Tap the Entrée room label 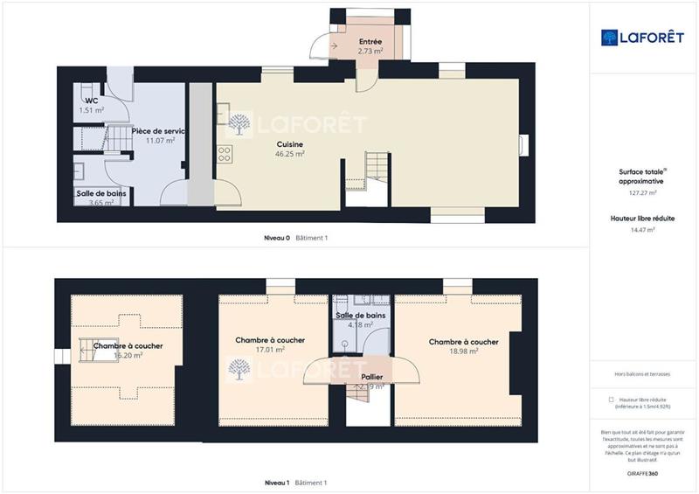coord(370,42)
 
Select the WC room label coord(91,101)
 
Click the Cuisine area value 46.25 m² coord(290,153)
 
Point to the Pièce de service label coord(158,131)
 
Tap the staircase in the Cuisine coord(376,165)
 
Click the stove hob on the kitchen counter coord(225,154)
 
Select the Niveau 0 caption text coord(277,238)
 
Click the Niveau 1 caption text coord(277,483)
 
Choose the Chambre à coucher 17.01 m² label coord(270,341)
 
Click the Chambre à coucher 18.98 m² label coord(463,342)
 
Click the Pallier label coord(371,377)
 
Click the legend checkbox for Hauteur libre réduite coord(610,399)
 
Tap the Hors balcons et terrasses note coord(642,373)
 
